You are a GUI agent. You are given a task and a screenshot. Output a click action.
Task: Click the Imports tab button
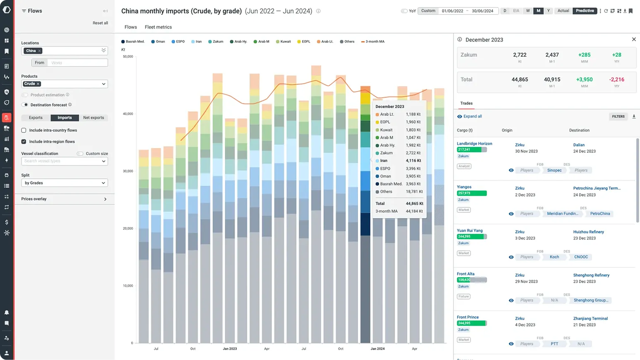coord(65,118)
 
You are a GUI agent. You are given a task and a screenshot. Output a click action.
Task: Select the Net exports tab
coord(94,118)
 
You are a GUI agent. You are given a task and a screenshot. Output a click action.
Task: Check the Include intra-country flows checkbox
coord(24,130)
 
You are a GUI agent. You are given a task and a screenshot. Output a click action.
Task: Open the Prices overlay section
coord(64,199)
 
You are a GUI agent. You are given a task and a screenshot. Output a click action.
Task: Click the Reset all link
coord(100,23)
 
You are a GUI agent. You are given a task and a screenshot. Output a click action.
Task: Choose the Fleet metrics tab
coord(158,27)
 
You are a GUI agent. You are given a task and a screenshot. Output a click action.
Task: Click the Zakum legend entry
coord(216,42)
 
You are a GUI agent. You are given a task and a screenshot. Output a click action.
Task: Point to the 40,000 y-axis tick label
coord(128,114)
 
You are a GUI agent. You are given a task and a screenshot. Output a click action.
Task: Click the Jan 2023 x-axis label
coord(230,349)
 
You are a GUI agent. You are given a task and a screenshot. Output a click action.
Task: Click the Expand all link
coord(472,117)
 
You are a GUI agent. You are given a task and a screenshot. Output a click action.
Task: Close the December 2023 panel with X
coord(634,39)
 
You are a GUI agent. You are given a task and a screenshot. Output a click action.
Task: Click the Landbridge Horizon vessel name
coord(474,144)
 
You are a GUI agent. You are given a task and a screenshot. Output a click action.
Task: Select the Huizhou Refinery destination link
coord(588,232)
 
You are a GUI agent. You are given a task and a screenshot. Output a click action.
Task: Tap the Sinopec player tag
coord(554,170)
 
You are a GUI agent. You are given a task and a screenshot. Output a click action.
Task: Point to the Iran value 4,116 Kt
coord(413,161)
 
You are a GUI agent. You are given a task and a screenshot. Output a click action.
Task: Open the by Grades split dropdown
coord(65,183)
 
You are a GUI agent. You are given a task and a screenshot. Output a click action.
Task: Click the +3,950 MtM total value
coord(584,80)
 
